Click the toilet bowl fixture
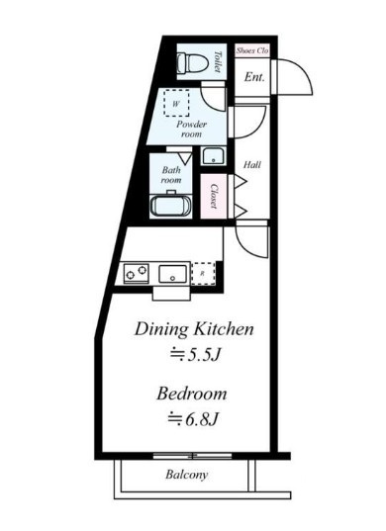pyautogui.click(x=192, y=62)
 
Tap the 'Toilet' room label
pyautogui.click(x=218, y=61)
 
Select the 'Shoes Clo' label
pyautogui.click(x=252, y=50)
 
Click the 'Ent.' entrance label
pyautogui.click(x=254, y=77)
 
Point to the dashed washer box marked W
pyautogui.click(x=176, y=103)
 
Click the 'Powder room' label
pyautogui.click(x=191, y=129)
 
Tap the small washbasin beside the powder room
pyautogui.click(x=213, y=156)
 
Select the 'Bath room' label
pyautogui.click(x=171, y=174)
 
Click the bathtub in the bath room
pyautogui.click(x=171, y=206)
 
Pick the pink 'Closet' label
pyautogui.click(x=214, y=196)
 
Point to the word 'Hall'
pyautogui.click(x=252, y=165)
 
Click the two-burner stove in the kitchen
pyautogui.click(x=137, y=273)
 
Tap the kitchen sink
pyautogui.click(x=173, y=274)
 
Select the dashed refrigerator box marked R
pyautogui.click(x=203, y=273)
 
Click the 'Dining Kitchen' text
pyautogui.click(x=194, y=329)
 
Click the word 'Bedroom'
pyautogui.click(x=192, y=394)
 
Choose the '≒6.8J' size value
pyautogui.click(x=193, y=419)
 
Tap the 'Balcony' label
pyautogui.click(x=187, y=475)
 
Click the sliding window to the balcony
pyautogui.click(x=192, y=456)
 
